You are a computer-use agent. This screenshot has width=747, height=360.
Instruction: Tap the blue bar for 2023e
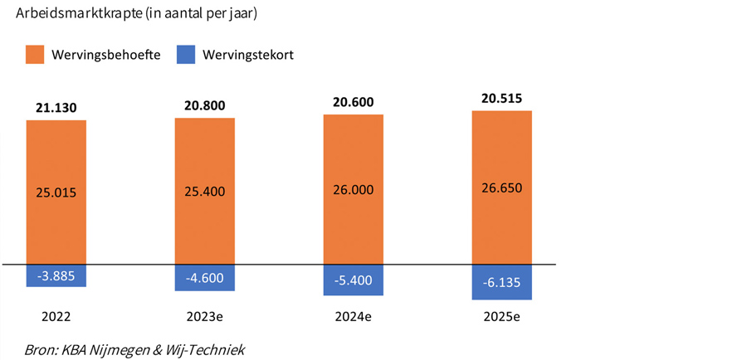tap(204, 278)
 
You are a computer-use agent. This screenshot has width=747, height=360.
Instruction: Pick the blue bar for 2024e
tap(353, 280)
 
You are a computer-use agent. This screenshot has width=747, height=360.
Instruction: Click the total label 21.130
tap(56, 107)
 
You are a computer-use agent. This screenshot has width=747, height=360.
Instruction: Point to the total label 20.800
tap(204, 105)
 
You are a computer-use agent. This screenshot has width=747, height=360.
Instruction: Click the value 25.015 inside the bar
tap(56, 192)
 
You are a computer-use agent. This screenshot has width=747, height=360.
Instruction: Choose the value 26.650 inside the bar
tap(501, 187)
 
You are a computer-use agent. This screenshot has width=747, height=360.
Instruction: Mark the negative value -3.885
tap(56, 276)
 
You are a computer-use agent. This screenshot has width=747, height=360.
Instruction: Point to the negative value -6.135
tap(501, 283)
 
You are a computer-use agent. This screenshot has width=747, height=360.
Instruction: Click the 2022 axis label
tap(56, 316)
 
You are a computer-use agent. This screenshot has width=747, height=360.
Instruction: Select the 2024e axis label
tap(353, 316)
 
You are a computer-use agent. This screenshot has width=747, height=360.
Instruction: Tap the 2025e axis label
tap(501, 316)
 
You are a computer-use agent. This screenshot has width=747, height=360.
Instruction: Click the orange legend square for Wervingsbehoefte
tap(34, 55)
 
